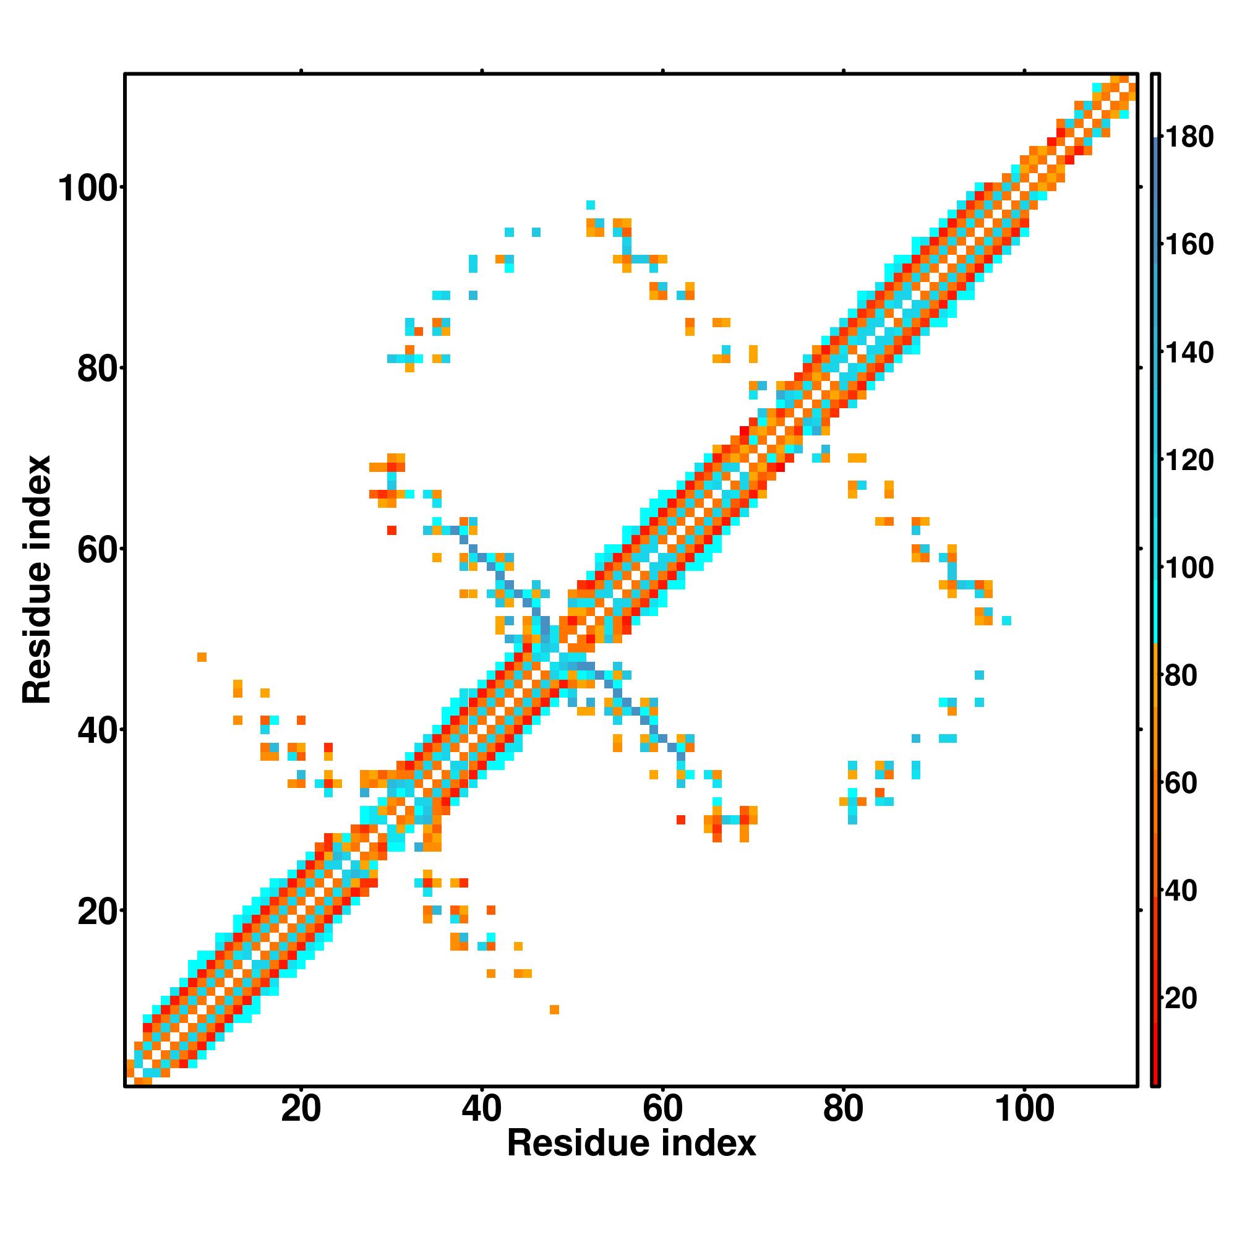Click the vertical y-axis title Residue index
[37, 580]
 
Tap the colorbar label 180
[1189, 137]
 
